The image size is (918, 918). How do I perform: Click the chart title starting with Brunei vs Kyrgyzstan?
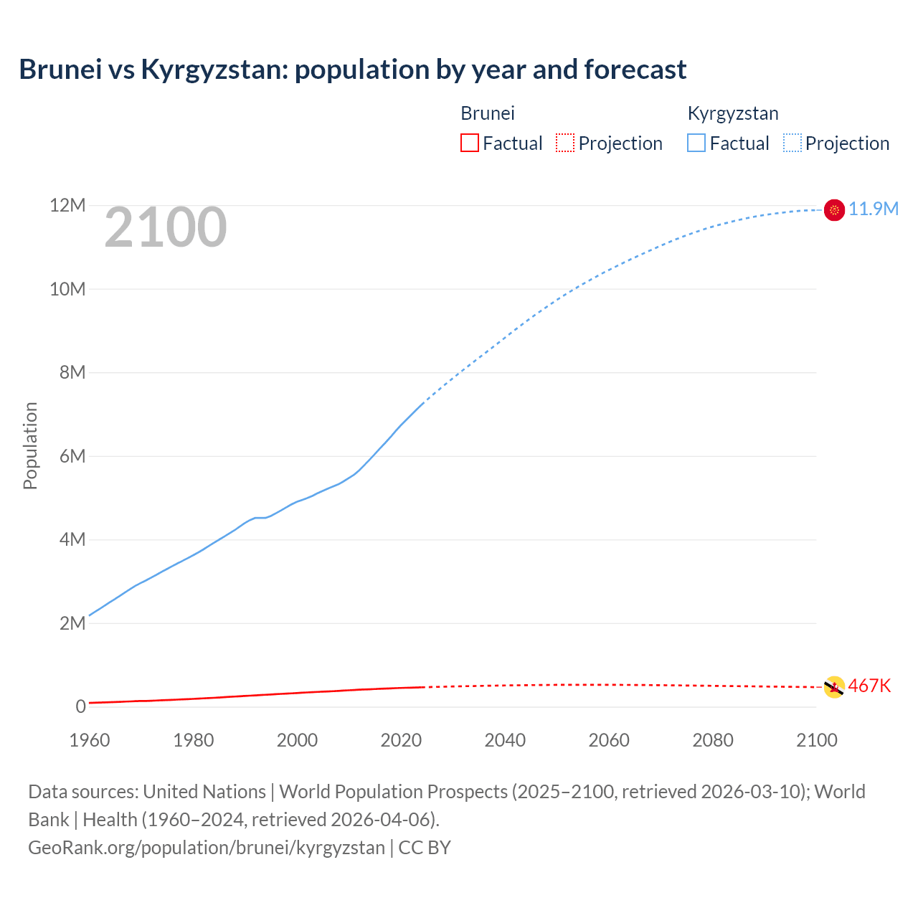coord(352,70)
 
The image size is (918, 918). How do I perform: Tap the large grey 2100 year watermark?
coord(166,227)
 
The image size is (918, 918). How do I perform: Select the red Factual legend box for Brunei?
coord(469,143)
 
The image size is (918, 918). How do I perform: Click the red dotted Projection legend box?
coord(565,143)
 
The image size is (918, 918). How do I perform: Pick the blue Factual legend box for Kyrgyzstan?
coord(696,143)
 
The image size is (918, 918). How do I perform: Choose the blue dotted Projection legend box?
coord(792,143)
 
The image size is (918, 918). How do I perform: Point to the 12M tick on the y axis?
coord(67,206)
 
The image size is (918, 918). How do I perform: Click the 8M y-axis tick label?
coord(72,372)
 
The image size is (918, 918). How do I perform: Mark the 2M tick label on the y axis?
coord(72,623)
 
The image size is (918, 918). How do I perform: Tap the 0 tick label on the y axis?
coord(81,706)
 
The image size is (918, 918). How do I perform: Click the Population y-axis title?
coord(30,445)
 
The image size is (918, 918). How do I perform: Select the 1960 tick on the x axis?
coord(90,740)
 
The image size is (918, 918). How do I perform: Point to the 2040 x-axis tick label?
coord(505,740)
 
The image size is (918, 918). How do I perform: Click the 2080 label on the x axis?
coord(713,740)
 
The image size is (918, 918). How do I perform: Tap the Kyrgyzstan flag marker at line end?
coord(834,209)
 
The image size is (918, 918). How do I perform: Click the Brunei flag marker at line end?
coord(834,686)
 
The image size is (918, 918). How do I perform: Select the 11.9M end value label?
coord(874,209)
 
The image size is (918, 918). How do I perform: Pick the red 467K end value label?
coord(869,686)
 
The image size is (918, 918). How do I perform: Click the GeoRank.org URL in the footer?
coord(207,848)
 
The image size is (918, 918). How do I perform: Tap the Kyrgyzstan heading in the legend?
coord(733,113)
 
